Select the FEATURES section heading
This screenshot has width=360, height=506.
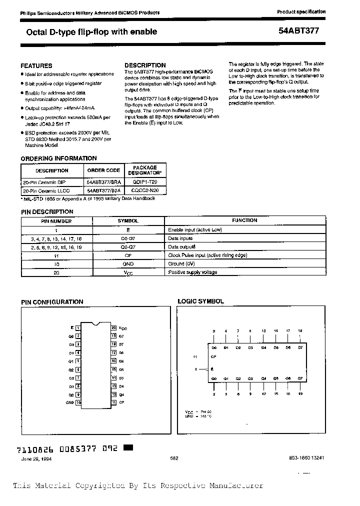tap(36, 65)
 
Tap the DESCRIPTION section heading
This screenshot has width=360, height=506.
tap(145, 65)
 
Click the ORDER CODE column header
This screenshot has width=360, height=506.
tap(103, 170)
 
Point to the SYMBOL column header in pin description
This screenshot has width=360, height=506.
tap(128, 220)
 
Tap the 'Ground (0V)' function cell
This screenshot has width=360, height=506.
tap(181, 263)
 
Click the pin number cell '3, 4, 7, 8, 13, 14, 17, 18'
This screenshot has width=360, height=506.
tap(56, 238)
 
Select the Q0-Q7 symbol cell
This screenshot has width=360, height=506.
tap(128, 246)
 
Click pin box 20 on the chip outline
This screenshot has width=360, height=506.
tap(114, 327)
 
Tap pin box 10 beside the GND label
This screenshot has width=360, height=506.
tap(78, 402)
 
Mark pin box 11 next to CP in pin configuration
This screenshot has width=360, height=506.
tap(114, 402)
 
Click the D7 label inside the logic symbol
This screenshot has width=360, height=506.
tap(300, 347)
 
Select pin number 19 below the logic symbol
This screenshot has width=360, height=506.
tap(300, 393)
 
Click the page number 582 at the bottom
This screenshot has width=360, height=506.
tap(174, 458)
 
